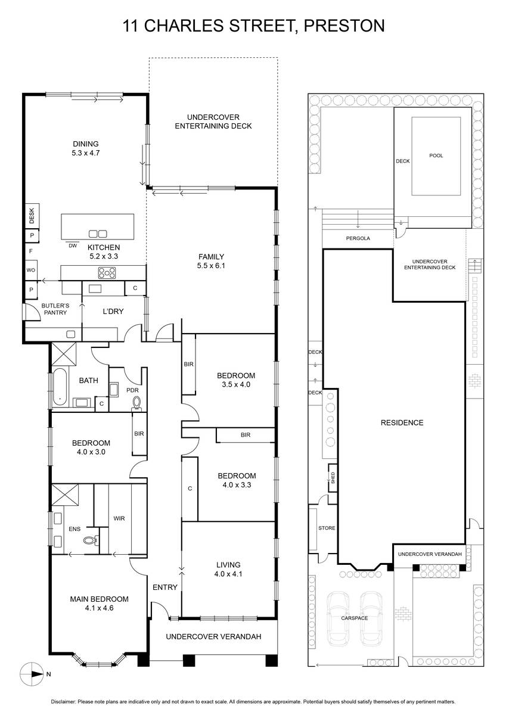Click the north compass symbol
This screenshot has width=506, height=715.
click(32, 674)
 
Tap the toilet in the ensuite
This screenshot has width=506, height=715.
click(90, 540)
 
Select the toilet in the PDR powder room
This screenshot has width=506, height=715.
click(136, 403)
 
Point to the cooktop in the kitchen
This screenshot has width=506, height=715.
click(107, 273)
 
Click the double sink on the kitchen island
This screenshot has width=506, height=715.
click(98, 234)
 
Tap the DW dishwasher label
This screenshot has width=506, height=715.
click(73, 245)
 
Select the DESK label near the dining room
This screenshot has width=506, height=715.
click(31, 216)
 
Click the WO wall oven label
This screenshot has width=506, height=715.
click(31, 270)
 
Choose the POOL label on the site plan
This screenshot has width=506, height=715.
click(436, 156)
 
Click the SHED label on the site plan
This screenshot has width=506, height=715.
click(333, 477)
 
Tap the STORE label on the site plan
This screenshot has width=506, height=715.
click(327, 528)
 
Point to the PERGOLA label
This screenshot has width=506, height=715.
click(358, 238)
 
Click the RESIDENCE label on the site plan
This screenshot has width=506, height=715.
click(402, 422)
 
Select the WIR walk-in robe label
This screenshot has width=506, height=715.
click(119, 518)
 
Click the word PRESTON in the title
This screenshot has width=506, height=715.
click(344, 26)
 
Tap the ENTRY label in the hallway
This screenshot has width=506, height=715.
click(164, 587)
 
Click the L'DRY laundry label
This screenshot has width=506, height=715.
click(113, 311)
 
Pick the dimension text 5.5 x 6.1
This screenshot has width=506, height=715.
click(211, 265)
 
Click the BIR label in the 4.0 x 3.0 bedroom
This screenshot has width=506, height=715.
click(139, 434)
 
